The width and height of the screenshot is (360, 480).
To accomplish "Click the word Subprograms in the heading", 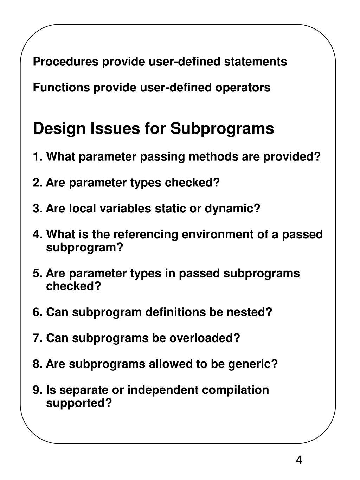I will (x=222, y=129).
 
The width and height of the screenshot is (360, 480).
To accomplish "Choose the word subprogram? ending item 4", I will (x=85, y=248).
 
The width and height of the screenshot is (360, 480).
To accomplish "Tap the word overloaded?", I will (x=205, y=338).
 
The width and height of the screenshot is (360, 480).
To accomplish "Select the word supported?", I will (x=79, y=403).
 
